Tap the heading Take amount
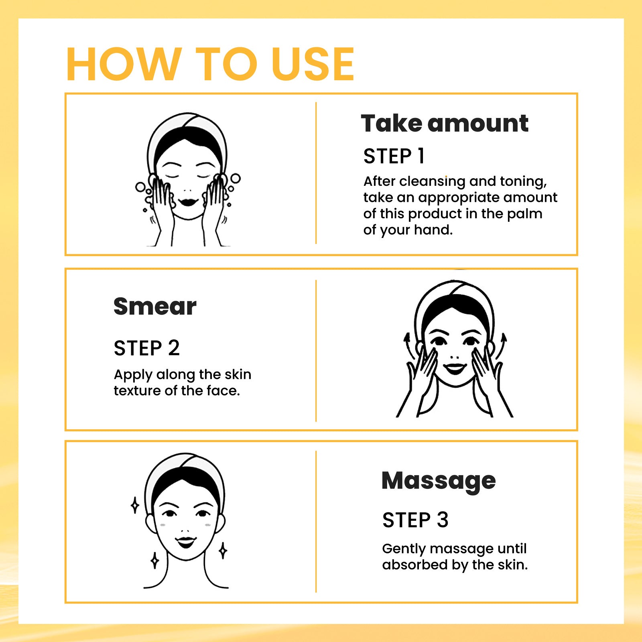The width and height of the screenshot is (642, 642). point(444,123)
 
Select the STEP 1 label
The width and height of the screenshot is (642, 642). point(394,156)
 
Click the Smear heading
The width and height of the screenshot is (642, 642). point(155,307)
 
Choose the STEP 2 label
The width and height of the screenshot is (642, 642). point(146,348)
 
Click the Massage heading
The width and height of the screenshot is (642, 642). point(439,481)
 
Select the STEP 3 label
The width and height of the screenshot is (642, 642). point(415,520)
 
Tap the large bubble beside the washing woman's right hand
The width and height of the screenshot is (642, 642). point(235,178)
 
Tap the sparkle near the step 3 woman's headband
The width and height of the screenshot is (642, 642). point(135,505)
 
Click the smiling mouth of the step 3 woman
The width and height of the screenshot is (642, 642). point(186,542)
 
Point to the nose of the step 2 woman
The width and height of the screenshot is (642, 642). point(455,356)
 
